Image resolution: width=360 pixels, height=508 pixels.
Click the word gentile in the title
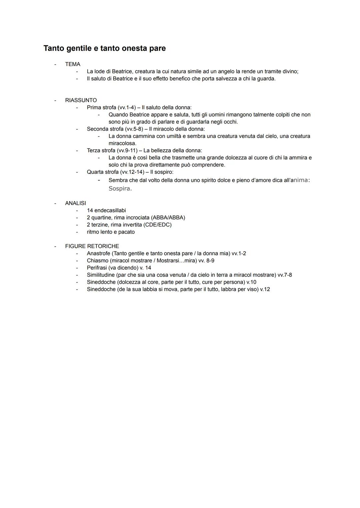[x=78, y=48]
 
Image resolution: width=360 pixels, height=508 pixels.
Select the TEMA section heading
[x=73, y=64]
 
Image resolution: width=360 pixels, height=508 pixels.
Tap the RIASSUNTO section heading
[x=81, y=100]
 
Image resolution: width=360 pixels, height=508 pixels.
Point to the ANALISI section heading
[x=75, y=203]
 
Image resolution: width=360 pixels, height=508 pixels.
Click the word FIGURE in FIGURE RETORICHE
[x=75, y=246]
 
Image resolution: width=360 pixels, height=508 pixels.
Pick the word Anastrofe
[x=98, y=254]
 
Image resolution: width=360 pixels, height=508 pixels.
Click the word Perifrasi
[x=97, y=268]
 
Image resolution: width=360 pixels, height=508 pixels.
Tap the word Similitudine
[x=101, y=275]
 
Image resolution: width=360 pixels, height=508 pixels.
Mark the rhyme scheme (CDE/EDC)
[x=157, y=225]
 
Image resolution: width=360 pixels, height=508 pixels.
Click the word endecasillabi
[x=110, y=211]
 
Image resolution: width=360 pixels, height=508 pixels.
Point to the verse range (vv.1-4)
[x=127, y=108]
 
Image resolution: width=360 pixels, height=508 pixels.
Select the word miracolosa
[x=122, y=144]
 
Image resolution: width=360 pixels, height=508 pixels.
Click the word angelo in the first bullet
[x=226, y=72]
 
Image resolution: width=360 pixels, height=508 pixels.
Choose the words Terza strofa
[x=101, y=151]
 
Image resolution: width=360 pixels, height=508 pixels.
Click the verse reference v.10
[x=251, y=282]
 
